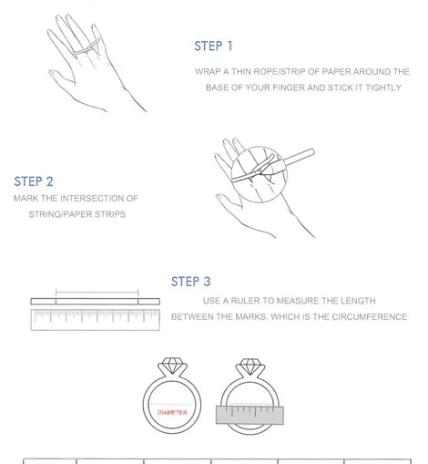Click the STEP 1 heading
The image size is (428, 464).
(213, 46)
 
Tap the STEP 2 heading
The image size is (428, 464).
(34, 181)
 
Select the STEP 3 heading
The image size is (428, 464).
(191, 282)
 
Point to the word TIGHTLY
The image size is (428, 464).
(383, 88)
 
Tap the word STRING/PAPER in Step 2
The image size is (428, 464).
(60, 214)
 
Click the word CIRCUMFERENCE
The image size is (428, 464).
(369, 317)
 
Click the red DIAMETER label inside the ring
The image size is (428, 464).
(172, 412)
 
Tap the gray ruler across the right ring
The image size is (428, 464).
(250, 415)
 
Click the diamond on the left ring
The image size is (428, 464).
(171, 365)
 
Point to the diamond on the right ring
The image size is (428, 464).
(250, 366)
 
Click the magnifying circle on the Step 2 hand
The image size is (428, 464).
(259, 146)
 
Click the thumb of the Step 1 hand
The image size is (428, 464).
(62, 77)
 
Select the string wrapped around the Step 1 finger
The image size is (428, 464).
(87, 47)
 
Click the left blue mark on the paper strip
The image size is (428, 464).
(56, 301)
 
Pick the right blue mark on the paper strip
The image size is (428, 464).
(138, 301)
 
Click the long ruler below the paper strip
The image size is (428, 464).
(95, 320)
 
